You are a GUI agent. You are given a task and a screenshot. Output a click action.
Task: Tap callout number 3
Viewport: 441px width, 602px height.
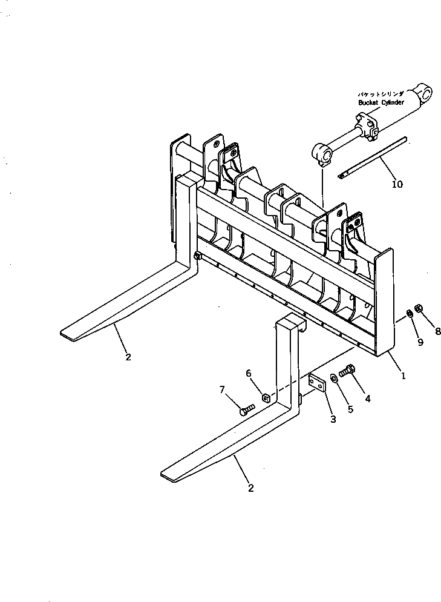[x=333, y=420]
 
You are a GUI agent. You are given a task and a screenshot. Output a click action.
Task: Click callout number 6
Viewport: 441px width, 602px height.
[x=248, y=374]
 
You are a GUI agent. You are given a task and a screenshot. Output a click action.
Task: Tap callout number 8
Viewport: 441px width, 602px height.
[x=437, y=331]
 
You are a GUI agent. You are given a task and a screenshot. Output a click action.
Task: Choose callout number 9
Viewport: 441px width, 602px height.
[x=420, y=342]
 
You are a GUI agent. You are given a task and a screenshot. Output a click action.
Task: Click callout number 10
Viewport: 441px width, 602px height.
[x=397, y=184]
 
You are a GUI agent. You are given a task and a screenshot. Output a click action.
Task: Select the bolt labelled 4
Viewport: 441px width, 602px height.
[x=348, y=369]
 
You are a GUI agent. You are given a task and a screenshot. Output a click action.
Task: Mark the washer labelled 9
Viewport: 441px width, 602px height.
[x=410, y=313]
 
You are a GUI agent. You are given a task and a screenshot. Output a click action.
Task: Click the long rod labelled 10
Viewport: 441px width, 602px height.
[x=372, y=157]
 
